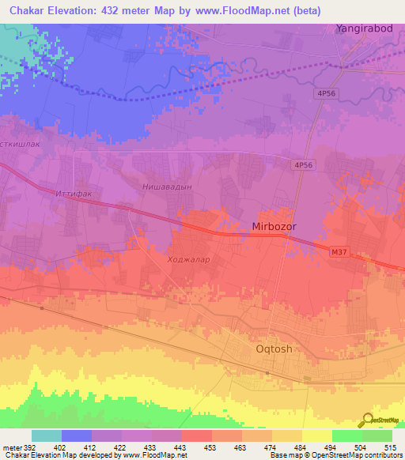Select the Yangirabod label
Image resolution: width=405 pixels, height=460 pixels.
pos(364,28)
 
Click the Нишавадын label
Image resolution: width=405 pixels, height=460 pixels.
pos(165,187)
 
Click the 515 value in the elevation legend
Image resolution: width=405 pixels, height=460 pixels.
pos(389,447)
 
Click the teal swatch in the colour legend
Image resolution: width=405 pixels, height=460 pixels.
pos(47,435)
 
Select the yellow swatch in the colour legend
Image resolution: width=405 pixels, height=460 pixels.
pos(316,435)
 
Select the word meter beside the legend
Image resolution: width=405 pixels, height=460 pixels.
pos(11,447)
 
